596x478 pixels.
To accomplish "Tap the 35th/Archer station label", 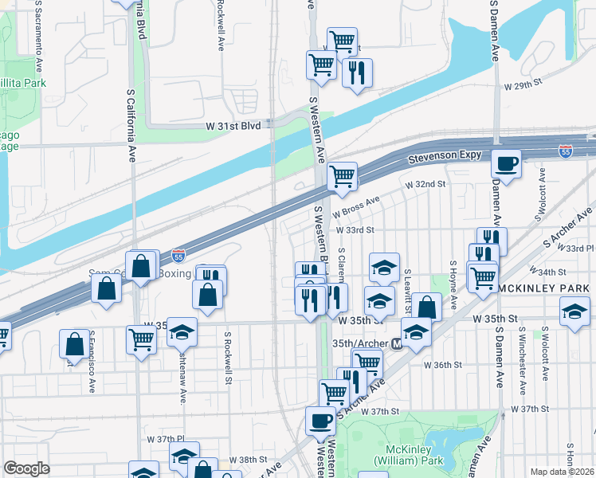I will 360,343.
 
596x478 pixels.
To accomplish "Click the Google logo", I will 26,468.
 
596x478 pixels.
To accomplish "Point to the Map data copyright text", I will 563,472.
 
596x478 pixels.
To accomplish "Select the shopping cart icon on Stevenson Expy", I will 342,176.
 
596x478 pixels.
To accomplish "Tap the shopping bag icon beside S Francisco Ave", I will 74,344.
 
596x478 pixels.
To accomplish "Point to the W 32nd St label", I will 424,185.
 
